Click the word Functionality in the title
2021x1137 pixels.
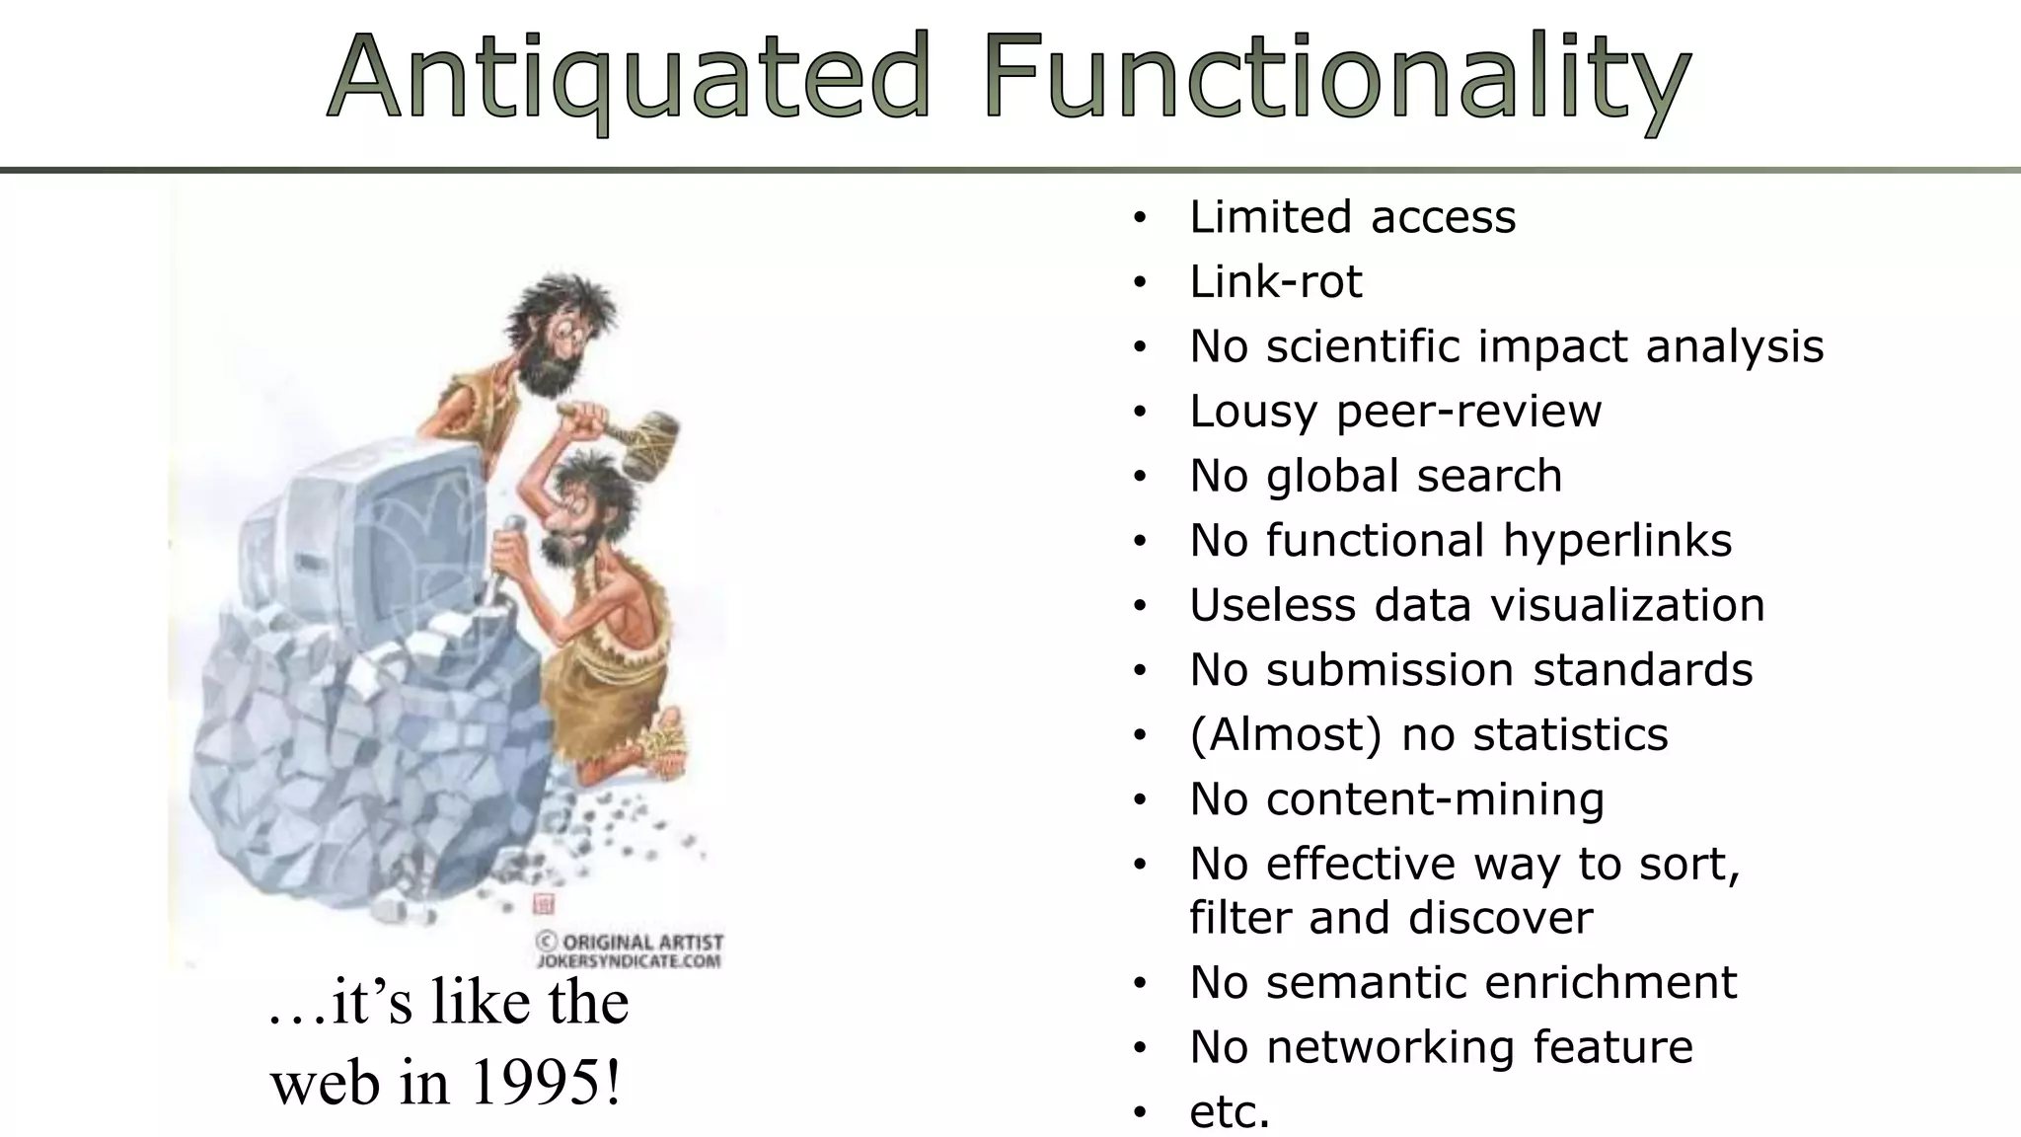pos(1336,77)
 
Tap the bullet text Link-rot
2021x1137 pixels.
pos(1275,282)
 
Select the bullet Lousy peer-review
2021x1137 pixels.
pos(1394,412)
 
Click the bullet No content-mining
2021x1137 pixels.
pos(1396,799)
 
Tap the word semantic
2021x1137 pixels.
pos(1366,983)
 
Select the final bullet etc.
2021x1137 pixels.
pos(1229,1112)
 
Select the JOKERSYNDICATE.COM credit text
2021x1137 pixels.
pos(629,960)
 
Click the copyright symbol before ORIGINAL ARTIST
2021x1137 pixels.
pos(546,942)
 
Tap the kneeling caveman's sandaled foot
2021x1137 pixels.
pos(662,740)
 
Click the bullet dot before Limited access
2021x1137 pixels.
pos(1140,218)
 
